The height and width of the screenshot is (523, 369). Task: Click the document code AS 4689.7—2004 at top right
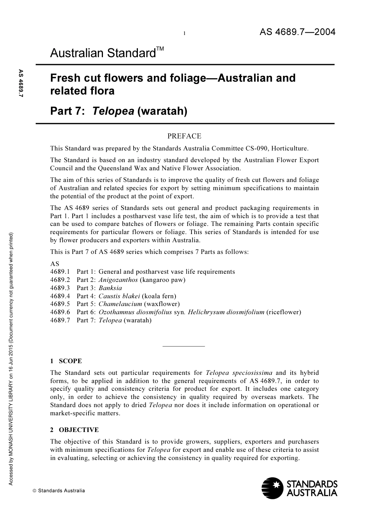pos(297,32)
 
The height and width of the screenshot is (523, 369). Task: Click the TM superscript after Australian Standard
pos(160,49)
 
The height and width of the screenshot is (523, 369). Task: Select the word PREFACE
pos(184,136)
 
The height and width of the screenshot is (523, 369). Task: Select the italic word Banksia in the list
pos(110,288)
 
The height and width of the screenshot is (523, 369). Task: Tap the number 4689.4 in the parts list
pos(60,296)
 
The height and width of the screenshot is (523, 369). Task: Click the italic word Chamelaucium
pos(120,304)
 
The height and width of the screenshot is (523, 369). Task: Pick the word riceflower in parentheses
pos(284,312)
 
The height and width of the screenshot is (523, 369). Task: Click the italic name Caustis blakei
pos(119,296)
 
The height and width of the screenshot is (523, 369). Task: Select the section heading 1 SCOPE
pos(66,361)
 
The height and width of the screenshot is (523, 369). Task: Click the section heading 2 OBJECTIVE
pos(74,430)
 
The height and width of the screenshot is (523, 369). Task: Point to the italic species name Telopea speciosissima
pos(239,373)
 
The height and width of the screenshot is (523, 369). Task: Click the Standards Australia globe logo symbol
pos(272,488)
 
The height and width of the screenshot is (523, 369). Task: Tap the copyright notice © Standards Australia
pos(59,491)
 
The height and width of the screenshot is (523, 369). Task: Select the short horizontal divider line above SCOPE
pos(184,346)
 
